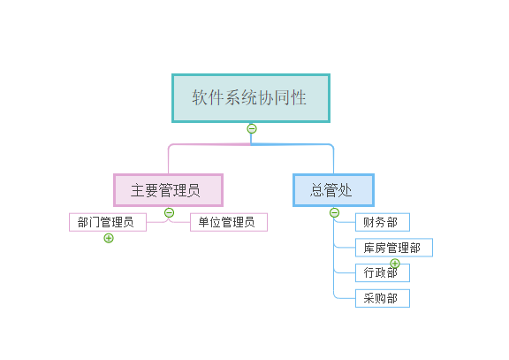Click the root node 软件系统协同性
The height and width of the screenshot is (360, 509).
coord(251,98)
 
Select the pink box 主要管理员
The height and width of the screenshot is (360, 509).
coord(168,190)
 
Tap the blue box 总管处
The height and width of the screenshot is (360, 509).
coord(333,190)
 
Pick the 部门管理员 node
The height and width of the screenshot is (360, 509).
coord(108,222)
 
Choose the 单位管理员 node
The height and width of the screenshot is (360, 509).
coord(229,222)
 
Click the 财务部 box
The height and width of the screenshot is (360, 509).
coord(383,222)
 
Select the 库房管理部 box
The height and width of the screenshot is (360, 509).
coord(394,248)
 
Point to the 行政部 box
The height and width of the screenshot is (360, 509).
coord(383,273)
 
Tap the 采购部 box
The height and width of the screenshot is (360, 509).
coord(383,298)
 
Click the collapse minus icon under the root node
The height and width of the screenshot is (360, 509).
coord(252,128)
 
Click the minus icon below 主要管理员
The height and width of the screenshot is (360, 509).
coord(169,213)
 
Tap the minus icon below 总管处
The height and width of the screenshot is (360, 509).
coord(334,213)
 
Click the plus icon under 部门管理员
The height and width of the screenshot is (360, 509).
coord(109,238)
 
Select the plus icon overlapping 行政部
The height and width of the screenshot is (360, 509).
coord(395,264)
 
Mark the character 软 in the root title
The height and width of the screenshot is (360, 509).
coord(200,97)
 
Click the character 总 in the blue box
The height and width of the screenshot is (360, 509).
coord(317,190)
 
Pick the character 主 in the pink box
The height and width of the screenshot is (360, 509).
coord(137,190)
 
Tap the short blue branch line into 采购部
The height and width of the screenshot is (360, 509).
coord(345,298)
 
